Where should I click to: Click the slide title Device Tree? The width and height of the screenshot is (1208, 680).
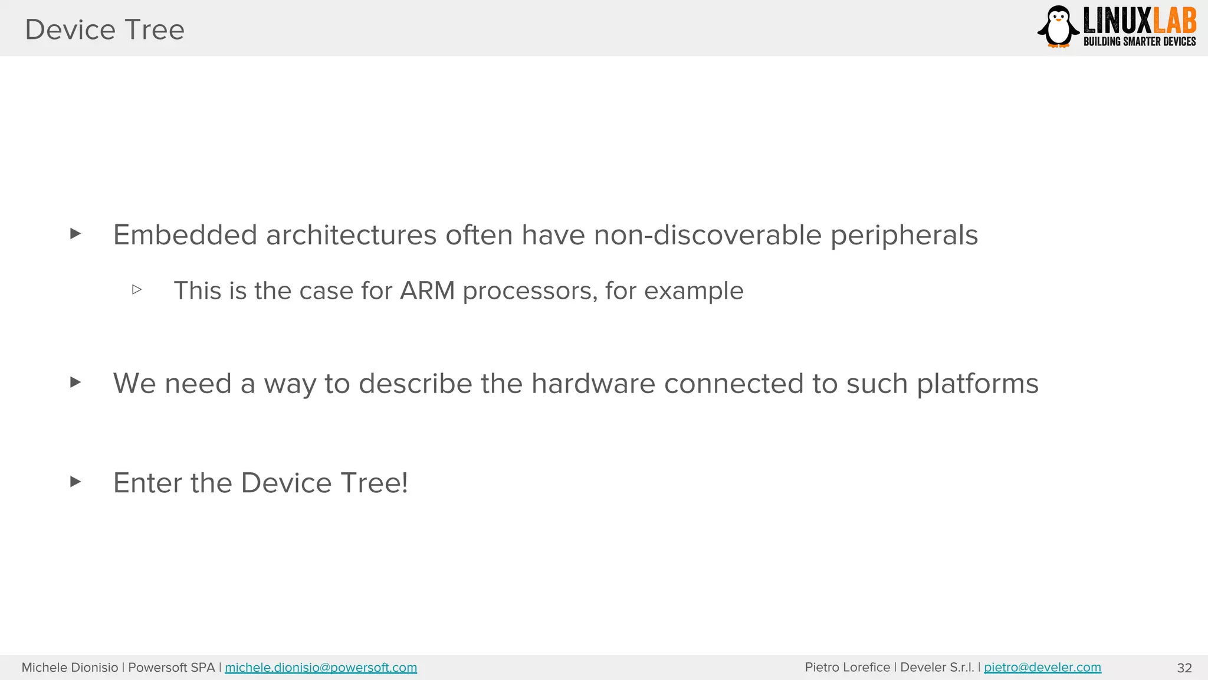[104, 30]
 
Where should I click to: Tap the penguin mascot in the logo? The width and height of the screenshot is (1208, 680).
[1058, 27]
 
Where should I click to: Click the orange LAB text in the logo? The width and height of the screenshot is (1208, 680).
[1174, 22]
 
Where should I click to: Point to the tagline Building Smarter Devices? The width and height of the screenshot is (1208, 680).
[1139, 41]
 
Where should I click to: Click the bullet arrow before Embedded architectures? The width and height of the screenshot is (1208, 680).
[75, 234]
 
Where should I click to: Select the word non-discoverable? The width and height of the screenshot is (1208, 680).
[707, 235]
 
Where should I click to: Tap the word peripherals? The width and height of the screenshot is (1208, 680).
[904, 235]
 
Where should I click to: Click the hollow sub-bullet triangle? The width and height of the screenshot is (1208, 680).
[137, 290]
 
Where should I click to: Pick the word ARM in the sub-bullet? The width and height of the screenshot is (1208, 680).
[427, 290]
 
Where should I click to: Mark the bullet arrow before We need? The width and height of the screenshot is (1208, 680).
[75, 382]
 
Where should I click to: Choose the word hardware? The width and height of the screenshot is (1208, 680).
[593, 384]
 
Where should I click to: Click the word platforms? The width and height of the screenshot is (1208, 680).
[977, 384]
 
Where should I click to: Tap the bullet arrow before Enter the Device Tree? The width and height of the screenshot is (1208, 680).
[75, 482]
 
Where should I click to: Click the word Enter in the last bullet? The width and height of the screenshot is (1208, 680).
[148, 483]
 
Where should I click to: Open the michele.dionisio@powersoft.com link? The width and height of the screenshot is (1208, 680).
[321, 668]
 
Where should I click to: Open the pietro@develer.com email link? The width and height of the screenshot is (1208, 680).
[1042, 668]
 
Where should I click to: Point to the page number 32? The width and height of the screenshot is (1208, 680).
[1184, 668]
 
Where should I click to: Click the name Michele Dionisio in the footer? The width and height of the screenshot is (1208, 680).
[70, 668]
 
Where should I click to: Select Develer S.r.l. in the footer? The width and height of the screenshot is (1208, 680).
[937, 668]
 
